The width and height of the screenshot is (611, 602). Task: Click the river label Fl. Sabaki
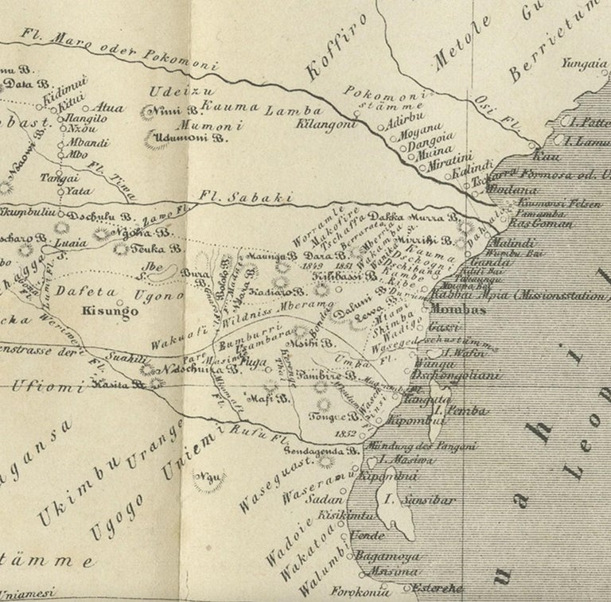(x=247, y=197)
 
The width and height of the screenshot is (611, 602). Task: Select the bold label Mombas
(x=457, y=310)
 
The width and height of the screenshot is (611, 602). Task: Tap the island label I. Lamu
(x=587, y=140)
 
